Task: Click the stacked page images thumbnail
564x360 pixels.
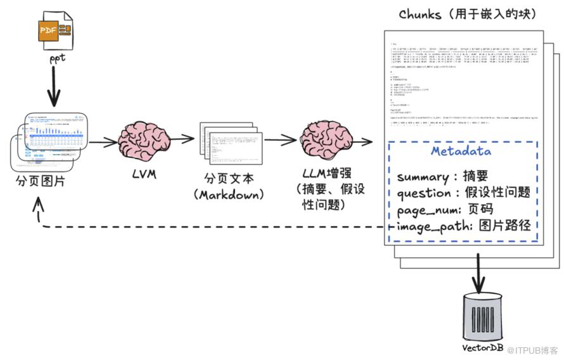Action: click(50, 141)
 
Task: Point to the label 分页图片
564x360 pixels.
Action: click(41, 183)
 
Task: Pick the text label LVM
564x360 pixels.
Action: click(143, 172)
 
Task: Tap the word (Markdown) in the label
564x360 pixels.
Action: click(231, 195)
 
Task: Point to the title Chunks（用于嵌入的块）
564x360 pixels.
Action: click(468, 14)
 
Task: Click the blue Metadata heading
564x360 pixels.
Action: click(461, 151)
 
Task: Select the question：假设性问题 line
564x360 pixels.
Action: click(463, 193)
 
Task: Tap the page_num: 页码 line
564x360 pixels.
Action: click(445, 209)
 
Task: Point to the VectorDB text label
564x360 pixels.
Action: click(481, 348)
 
